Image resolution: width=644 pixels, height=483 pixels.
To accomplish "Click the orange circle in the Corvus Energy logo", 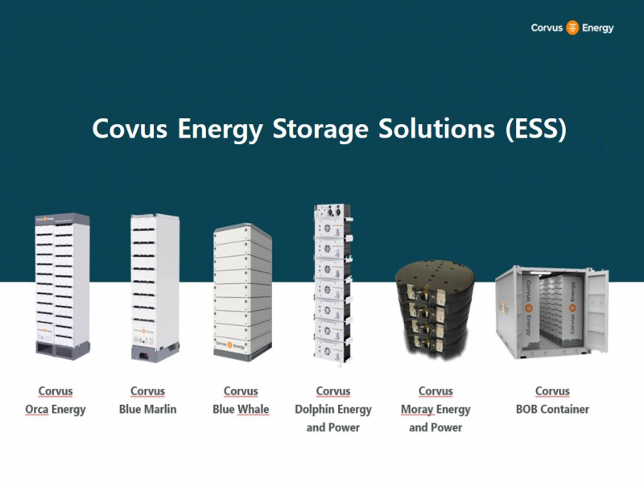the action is [x=572, y=27].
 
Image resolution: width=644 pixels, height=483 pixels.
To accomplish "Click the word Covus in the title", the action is [x=130, y=129].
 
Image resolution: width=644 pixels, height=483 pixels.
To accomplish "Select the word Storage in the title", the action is [x=320, y=130].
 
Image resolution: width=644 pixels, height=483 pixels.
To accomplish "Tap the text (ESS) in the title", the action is [x=536, y=130].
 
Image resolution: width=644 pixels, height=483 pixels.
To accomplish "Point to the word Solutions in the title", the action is [x=436, y=129].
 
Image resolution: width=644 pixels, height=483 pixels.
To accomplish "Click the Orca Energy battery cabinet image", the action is [x=62, y=287].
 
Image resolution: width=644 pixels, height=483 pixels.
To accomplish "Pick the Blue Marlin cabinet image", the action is [x=155, y=287].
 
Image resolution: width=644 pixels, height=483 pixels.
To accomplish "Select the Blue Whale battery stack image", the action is [x=243, y=292].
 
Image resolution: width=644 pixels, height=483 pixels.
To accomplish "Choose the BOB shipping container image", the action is [x=551, y=312].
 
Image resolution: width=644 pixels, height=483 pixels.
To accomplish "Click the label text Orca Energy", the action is [x=56, y=410].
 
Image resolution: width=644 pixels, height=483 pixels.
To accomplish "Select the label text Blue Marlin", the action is [x=148, y=409].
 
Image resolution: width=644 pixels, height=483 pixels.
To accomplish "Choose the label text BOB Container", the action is [x=552, y=409].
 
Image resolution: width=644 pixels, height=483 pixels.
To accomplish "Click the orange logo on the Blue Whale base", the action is [x=229, y=345].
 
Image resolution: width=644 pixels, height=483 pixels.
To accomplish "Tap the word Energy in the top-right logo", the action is [x=597, y=28].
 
